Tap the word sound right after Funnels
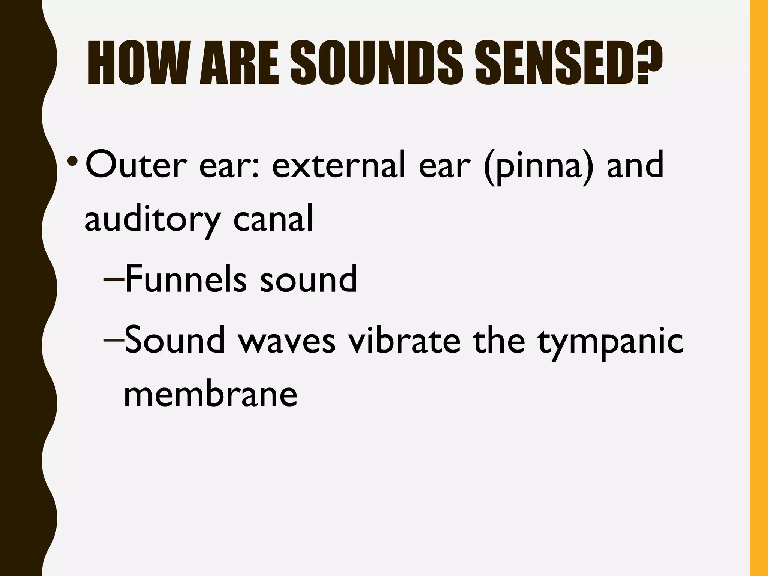point(308,280)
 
